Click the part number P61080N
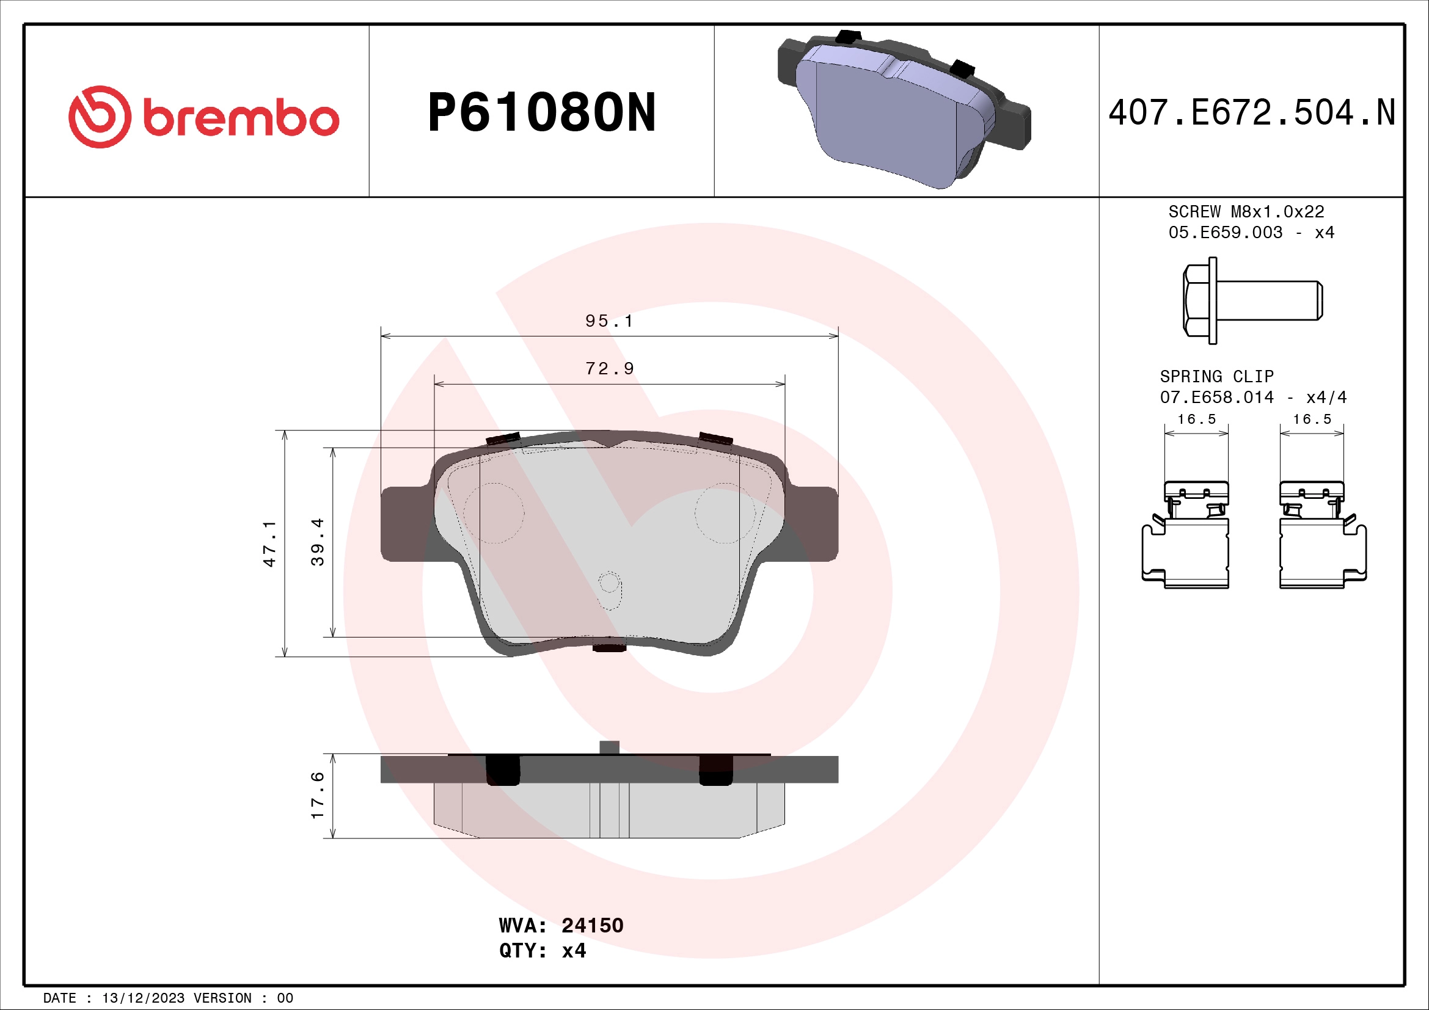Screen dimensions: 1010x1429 541,113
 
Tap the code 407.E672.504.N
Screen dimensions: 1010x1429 1252,113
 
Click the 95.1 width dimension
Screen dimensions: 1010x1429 609,321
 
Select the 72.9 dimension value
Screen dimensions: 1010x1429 609,369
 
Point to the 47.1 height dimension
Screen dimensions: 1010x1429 269,543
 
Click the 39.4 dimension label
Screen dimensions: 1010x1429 318,542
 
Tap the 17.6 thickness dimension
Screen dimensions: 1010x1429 318,795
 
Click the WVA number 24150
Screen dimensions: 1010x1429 592,925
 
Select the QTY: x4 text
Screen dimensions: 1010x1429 542,951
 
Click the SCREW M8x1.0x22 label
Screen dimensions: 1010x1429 1246,212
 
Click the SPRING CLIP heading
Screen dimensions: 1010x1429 1216,376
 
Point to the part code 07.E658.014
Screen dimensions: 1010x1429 1216,398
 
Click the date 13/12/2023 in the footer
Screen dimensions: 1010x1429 143,998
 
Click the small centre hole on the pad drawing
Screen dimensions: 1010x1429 609,583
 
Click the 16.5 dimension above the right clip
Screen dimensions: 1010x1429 1312,419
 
